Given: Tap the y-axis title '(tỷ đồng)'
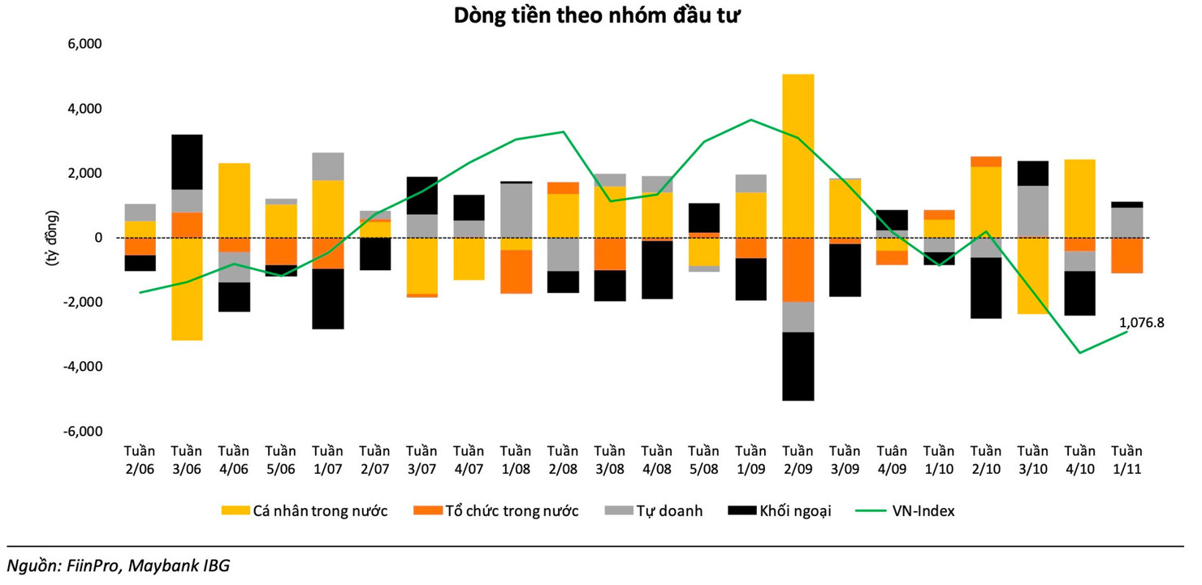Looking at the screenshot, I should pyautogui.click(x=50, y=239).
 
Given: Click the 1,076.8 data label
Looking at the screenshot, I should pyautogui.click(x=1141, y=322).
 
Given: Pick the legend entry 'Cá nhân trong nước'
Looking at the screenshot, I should pyautogui.click(x=305, y=511).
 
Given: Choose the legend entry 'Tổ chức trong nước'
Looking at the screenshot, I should pyautogui.click(x=497, y=511).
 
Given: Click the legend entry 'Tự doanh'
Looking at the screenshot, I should pyautogui.click(x=656, y=511).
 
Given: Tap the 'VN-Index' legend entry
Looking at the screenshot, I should pyautogui.click(x=913, y=511).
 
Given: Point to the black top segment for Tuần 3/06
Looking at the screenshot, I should pyautogui.click(x=187, y=161).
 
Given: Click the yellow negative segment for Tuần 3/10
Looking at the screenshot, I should pyautogui.click(x=1032, y=276).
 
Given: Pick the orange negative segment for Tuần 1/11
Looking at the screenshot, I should pyautogui.click(x=1126, y=256).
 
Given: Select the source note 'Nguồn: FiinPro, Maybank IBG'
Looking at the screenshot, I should pyautogui.click(x=119, y=566).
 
